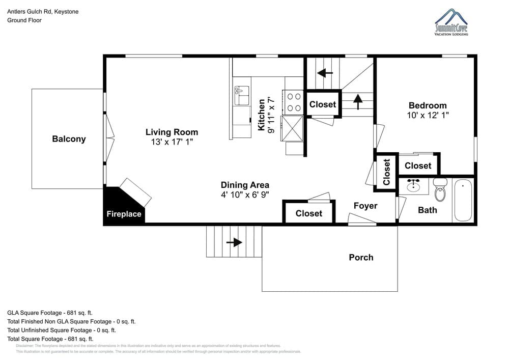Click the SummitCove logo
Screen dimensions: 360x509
(451, 22)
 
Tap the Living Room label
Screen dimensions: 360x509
(172, 132)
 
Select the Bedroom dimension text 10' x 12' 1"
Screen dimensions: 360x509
(428, 116)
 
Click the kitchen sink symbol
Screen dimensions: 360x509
(242, 96)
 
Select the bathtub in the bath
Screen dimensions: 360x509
(463, 200)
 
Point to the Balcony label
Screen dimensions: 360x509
(69, 139)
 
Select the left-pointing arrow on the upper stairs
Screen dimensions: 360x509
(325, 73)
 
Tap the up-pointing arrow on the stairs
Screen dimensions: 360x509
(358, 101)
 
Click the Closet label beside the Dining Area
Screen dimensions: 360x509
(308, 213)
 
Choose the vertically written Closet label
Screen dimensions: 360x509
(386, 172)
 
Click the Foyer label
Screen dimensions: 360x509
(365, 206)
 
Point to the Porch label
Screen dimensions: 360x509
(361, 257)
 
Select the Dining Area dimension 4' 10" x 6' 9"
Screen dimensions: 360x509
(245, 195)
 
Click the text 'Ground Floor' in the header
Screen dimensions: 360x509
(24, 20)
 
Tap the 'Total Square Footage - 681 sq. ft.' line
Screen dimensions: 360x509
(50, 339)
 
